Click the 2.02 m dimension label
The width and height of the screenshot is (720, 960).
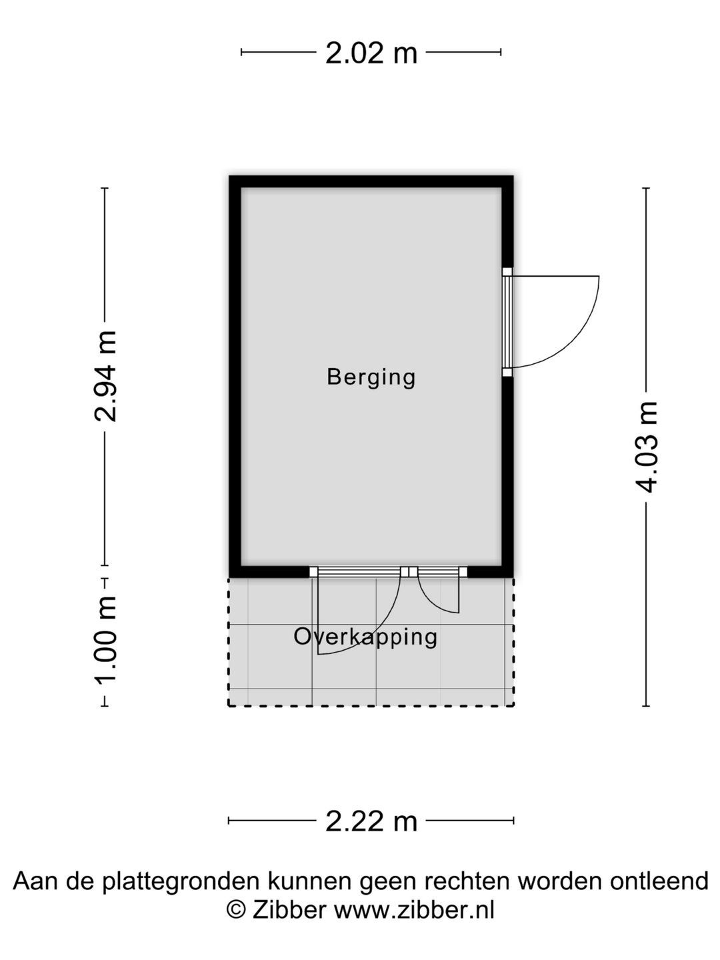coord(371,53)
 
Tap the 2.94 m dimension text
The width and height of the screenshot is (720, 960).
coord(105,376)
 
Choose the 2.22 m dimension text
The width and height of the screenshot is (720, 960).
coord(371,821)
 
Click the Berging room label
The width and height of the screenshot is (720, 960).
coord(371,377)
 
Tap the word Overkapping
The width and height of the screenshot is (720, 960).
coord(365,638)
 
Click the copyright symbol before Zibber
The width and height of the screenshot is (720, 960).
coord(235,910)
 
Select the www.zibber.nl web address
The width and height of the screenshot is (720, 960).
coord(415,910)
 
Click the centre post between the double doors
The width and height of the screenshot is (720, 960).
coord(409,572)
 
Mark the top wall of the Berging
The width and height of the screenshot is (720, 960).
coord(371,181)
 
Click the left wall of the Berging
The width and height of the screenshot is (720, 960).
coord(235,377)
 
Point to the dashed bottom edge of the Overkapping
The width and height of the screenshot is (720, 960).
coord(371,705)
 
